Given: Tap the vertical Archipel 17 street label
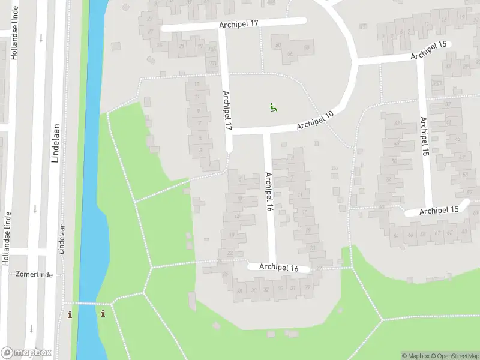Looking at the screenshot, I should [x=227, y=111].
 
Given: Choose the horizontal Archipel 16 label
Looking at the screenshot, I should [x=279, y=268].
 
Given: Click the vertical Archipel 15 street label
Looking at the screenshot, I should [x=425, y=137].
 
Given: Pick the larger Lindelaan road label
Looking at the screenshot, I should [x=56, y=142].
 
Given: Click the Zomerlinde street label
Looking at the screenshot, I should [x=35, y=274].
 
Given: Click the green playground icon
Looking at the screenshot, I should [x=273, y=108].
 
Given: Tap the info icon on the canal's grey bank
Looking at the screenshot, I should [x=70, y=314].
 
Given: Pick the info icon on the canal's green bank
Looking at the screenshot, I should [x=103, y=313].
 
